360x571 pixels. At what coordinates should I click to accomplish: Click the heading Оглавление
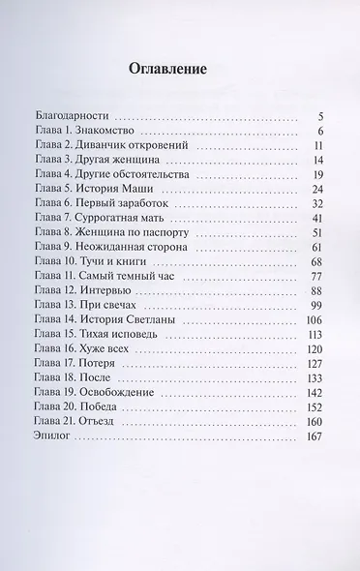click(182, 71)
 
